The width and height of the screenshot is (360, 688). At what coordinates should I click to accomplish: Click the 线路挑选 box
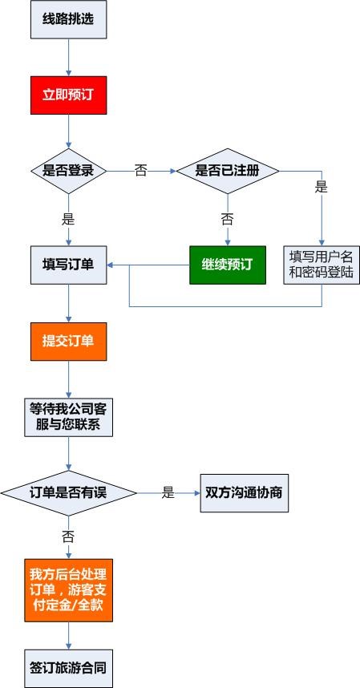pyautogui.click(x=68, y=19)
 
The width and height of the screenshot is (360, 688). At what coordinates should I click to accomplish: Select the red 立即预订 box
pyautogui.click(x=68, y=95)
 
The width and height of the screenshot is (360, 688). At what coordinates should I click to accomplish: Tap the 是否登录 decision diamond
pyautogui.click(x=68, y=171)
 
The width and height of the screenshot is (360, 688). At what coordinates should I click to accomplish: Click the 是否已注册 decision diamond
pyautogui.click(x=228, y=171)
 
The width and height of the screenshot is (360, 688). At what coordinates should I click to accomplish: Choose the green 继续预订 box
pyautogui.click(x=228, y=265)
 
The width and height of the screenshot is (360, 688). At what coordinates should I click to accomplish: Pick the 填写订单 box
pyautogui.click(x=68, y=265)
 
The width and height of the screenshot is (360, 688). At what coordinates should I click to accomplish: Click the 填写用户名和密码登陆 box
pyautogui.click(x=322, y=265)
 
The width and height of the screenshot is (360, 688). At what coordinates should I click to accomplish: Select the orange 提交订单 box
pyautogui.click(x=68, y=342)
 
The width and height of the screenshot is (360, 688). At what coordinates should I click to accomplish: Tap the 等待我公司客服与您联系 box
pyautogui.click(x=68, y=417)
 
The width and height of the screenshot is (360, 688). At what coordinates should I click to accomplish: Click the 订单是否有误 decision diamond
pyautogui.click(x=68, y=493)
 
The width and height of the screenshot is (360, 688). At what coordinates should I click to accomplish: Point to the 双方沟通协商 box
pyautogui.click(x=245, y=493)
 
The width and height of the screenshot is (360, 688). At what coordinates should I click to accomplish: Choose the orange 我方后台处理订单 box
pyautogui.click(x=68, y=590)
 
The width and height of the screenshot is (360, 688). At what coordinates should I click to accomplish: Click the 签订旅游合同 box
pyautogui.click(x=68, y=669)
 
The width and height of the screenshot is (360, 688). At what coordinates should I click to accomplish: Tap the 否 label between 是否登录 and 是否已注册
pyautogui.click(x=141, y=171)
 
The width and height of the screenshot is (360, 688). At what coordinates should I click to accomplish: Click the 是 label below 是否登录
pyautogui.click(x=68, y=219)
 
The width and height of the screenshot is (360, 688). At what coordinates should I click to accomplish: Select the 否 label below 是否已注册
pyautogui.click(x=227, y=219)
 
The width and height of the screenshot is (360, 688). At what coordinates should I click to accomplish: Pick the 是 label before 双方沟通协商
pyautogui.click(x=168, y=492)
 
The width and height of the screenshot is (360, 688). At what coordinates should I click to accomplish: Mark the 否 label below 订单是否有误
pyautogui.click(x=68, y=536)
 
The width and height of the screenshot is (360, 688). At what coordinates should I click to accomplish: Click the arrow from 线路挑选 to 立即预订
pyautogui.click(x=68, y=58)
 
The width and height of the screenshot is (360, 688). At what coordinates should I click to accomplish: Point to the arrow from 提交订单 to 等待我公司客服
pyautogui.click(x=68, y=379)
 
